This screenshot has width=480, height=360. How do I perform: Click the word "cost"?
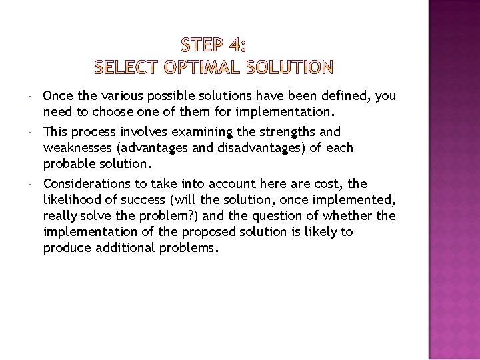click(x=322, y=184)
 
